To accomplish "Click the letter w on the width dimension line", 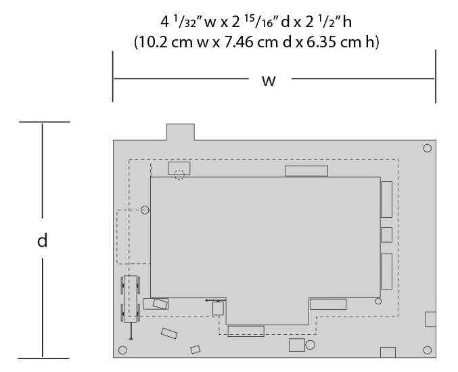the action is point(269,81).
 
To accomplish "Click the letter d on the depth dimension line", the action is point(43,240).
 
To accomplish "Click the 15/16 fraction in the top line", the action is point(260,22).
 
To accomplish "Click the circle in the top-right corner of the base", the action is point(428,148).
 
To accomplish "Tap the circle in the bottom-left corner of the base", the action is point(122,350).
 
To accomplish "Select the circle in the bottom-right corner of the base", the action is point(428,350).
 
